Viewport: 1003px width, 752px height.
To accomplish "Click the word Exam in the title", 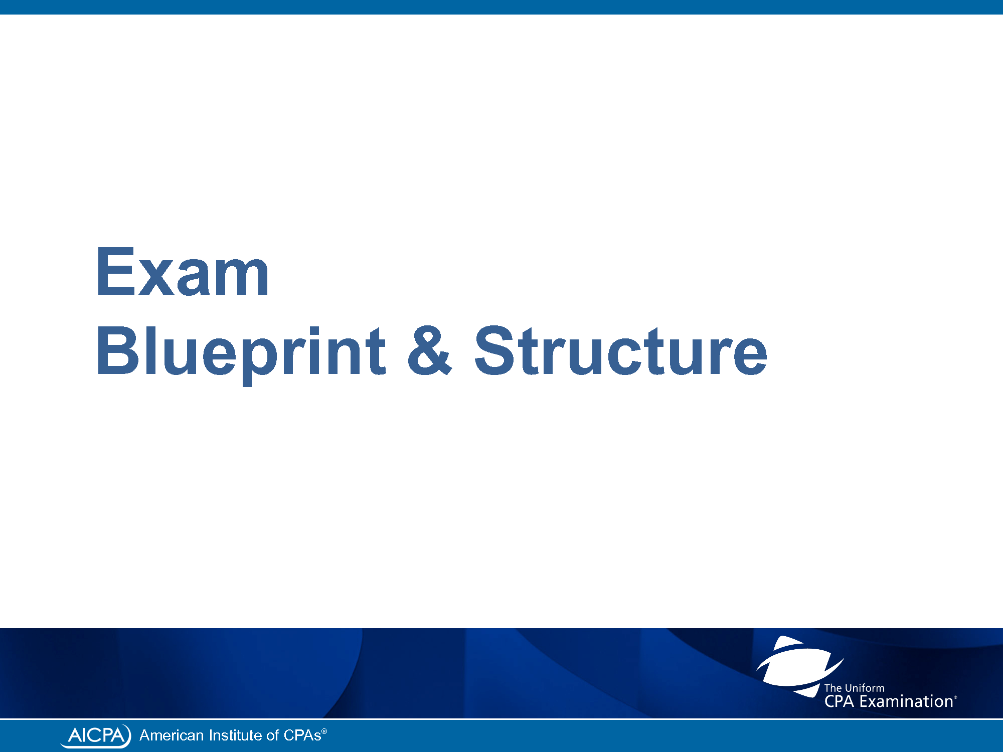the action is pyautogui.click(x=183, y=272).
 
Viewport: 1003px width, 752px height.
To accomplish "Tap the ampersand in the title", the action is pyautogui.click(x=430, y=350).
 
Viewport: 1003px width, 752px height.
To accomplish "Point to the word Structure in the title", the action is pyautogui.click(x=621, y=350).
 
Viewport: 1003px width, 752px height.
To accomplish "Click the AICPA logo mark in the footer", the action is pyautogui.click(x=96, y=735).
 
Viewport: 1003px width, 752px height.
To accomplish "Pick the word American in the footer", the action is pyautogui.click(x=172, y=735).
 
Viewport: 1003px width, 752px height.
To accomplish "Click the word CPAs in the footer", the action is pyautogui.click(x=302, y=735).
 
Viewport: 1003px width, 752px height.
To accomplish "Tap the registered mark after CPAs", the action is pyautogui.click(x=324, y=731).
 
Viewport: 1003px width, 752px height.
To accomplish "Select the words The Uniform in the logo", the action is pyautogui.click(x=854, y=688).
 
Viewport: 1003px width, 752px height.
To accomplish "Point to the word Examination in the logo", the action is pyautogui.click(x=906, y=701).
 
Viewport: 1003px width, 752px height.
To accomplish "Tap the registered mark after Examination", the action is pyautogui.click(x=955, y=697).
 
